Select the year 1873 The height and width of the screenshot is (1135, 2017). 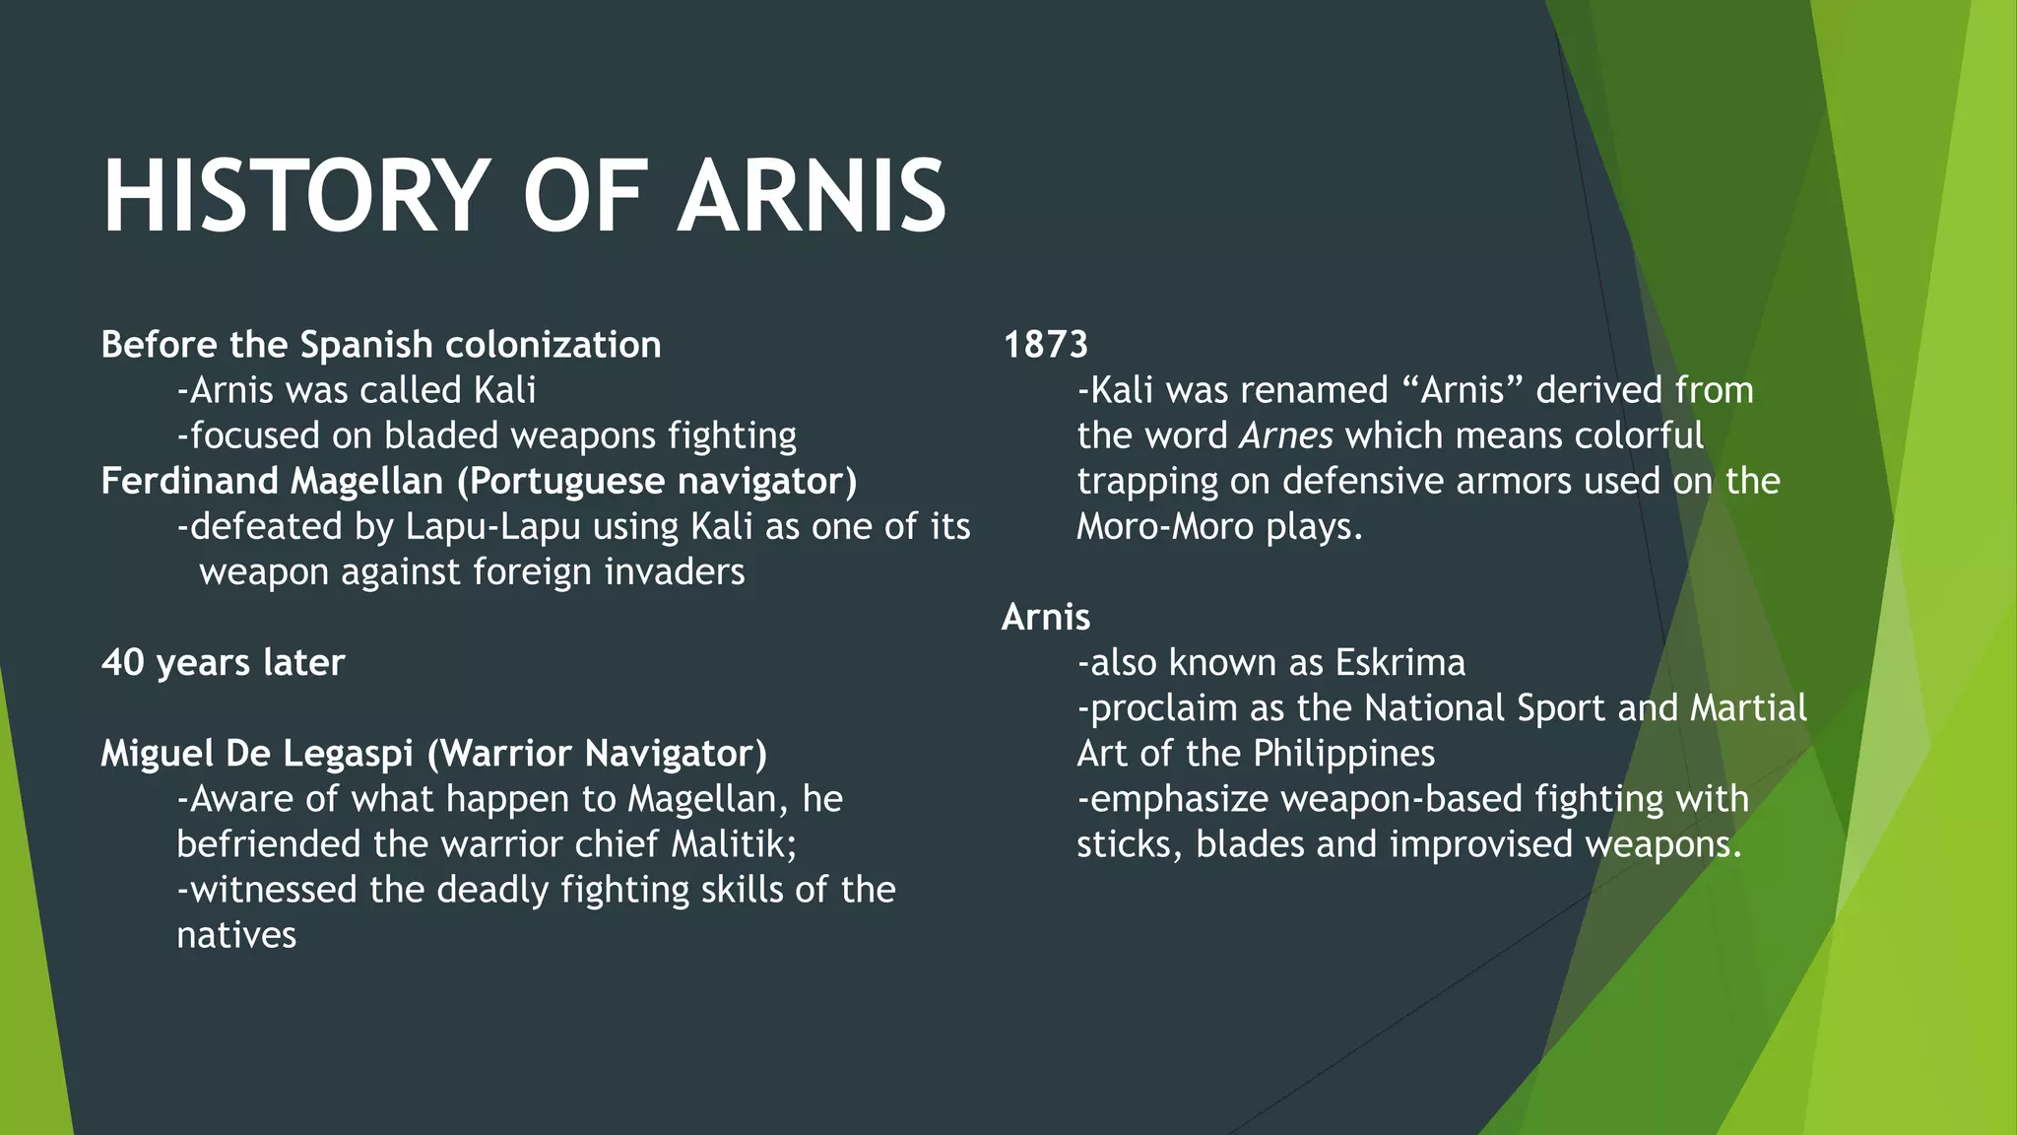click(x=1045, y=345)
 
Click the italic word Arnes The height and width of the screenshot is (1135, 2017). click(x=1285, y=435)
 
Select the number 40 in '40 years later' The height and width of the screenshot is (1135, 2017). click(x=122, y=662)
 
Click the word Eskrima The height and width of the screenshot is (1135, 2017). click(x=1399, y=662)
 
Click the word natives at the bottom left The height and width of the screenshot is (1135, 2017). click(x=236, y=935)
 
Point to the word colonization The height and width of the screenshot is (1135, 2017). click(x=553, y=345)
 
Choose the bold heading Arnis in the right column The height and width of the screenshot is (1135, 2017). click(x=1046, y=617)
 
